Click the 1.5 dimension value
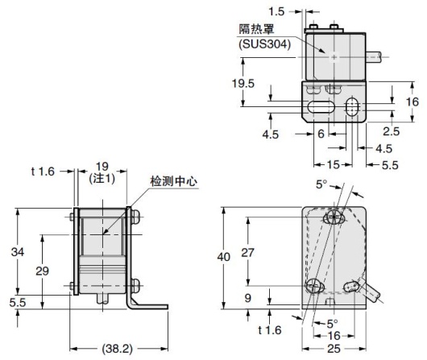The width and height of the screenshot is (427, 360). [276, 12]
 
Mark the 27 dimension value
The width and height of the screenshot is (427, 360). [247, 251]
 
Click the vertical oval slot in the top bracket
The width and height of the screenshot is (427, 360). [352, 108]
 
